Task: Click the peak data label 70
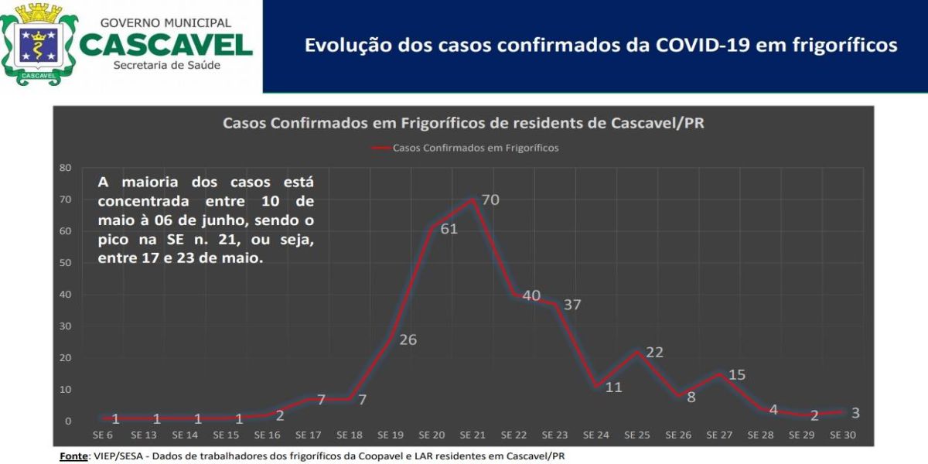pyautogui.click(x=490, y=200)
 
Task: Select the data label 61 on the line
pyautogui.click(x=449, y=230)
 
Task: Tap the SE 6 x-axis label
pyautogui.click(x=103, y=435)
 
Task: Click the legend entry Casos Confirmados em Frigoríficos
pyautogui.click(x=475, y=148)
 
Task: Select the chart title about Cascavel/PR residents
pyautogui.click(x=463, y=123)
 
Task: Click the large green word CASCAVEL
pyautogui.click(x=165, y=43)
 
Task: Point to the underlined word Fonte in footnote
pyautogui.click(x=73, y=455)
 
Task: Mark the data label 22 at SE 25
pyautogui.click(x=654, y=352)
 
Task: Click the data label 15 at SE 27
pyautogui.click(x=736, y=375)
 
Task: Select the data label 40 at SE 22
pyautogui.click(x=531, y=295)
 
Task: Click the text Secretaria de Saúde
pyautogui.click(x=166, y=65)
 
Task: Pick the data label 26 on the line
pyautogui.click(x=408, y=339)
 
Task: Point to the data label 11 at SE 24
pyautogui.click(x=613, y=387)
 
